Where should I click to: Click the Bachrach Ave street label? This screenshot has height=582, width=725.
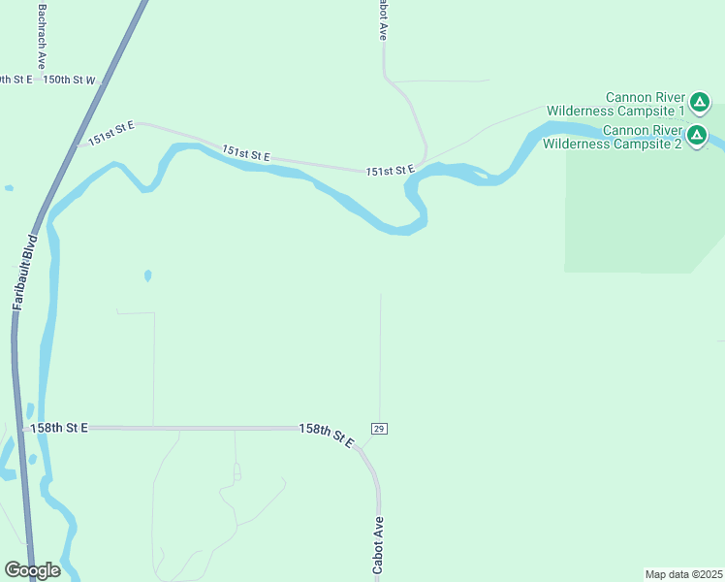tap(42, 32)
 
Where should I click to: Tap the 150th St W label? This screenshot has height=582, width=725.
tap(70, 81)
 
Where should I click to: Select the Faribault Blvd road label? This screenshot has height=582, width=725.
tap(24, 272)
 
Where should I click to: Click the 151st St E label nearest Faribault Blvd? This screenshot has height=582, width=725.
tap(110, 134)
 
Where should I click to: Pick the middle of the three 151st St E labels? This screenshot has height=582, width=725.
tap(245, 152)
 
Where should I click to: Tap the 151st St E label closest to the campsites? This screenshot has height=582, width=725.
tap(390, 171)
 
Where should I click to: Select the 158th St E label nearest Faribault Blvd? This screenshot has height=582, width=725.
tap(59, 427)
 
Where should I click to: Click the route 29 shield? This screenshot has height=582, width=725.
tap(379, 429)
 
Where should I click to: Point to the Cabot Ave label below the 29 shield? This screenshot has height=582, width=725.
tap(380, 545)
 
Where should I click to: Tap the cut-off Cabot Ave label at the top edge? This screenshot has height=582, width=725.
tap(382, 19)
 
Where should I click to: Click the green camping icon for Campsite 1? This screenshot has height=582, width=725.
tap(700, 101)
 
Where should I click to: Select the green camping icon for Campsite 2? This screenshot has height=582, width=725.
tap(697, 137)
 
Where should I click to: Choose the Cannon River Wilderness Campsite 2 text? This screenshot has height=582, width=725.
tap(613, 137)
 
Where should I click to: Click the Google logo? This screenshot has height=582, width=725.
tap(32, 569)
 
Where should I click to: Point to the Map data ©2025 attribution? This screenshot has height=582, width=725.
tap(683, 574)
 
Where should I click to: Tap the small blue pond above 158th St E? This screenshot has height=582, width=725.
tap(147, 275)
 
